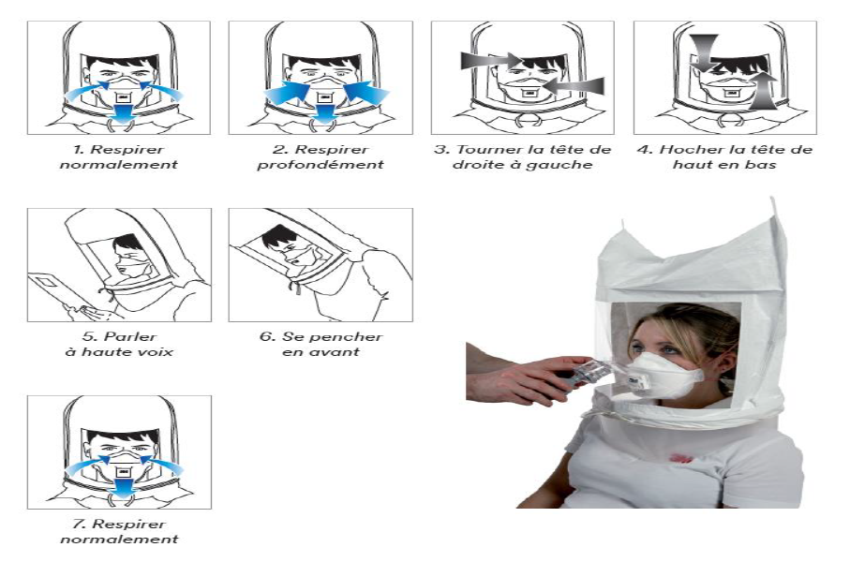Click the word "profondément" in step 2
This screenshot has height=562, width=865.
pyautogui.click(x=320, y=165)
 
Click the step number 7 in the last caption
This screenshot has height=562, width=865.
pyautogui.click(x=78, y=524)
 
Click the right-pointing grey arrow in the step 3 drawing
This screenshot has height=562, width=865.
pyautogui.click(x=491, y=60)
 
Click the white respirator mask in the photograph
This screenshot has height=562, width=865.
pyautogui.click(x=661, y=375)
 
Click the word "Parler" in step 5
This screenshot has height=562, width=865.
pyautogui.click(x=131, y=337)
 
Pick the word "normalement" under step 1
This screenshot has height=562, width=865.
pyautogui.click(x=119, y=165)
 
